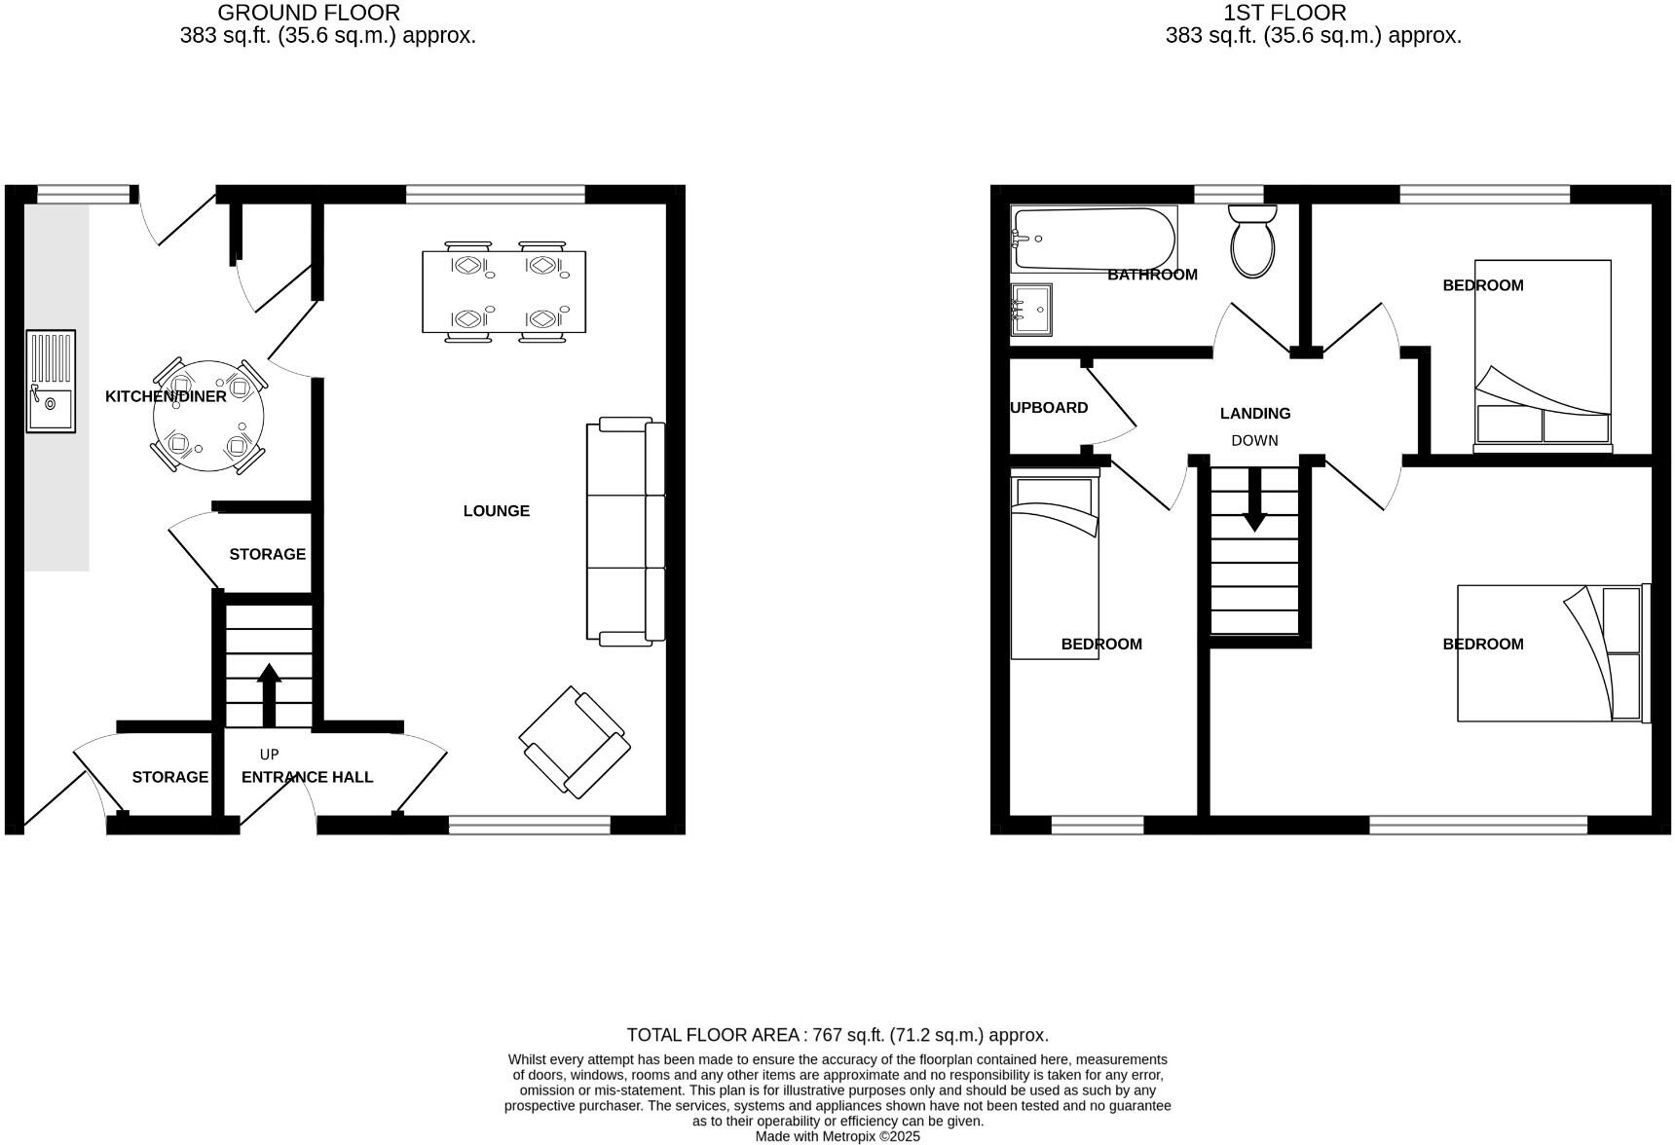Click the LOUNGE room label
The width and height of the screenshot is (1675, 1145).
[x=496, y=510]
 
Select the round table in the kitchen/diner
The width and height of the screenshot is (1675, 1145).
[x=208, y=417]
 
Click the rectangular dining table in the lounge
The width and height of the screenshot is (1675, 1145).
[x=503, y=291]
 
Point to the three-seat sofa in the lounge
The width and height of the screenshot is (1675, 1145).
[x=625, y=531]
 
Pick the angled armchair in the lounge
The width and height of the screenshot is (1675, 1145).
[x=575, y=742]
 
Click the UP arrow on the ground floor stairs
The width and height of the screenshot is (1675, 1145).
[x=269, y=693]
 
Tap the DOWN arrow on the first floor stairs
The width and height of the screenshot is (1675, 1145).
[x=1254, y=499]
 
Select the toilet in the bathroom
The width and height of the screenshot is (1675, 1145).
[x=1252, y=243]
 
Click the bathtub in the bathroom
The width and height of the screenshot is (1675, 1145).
[x=1093, y=239]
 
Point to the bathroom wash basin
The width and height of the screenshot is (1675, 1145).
[x=1030, y=310]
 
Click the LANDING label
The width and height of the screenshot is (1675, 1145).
[x=1254, y=413]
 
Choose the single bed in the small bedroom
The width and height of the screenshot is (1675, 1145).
[x=1055, y=565]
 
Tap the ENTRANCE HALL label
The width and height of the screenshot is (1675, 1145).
[x=307, y=777]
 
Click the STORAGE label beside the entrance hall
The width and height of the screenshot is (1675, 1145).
[x=169, y=777]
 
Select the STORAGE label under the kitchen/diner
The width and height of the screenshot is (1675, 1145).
[x=267, y=554]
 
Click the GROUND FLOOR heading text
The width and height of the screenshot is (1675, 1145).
[x=308, y=13]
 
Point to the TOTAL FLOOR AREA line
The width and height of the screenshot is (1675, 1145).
[x=837, y=1035]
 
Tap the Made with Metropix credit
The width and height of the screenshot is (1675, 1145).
[x=837, y=1136]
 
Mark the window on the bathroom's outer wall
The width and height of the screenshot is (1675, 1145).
[x=1228, y=194]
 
